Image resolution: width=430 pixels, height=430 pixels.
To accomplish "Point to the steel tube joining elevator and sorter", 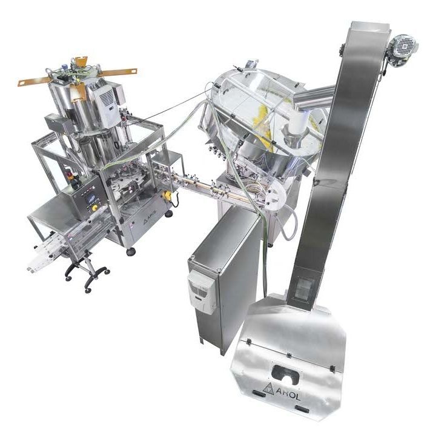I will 316,96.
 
